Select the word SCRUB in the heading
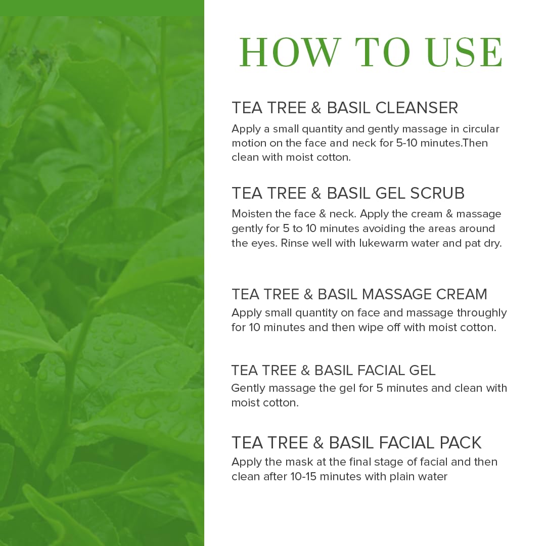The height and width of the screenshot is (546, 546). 437,193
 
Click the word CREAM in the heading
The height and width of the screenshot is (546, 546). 462,294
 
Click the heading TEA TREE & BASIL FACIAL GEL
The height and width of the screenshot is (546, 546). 333,370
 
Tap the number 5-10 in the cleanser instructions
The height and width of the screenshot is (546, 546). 406,143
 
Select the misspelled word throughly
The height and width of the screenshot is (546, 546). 482,313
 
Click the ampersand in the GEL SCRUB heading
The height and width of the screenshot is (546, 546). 316,193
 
